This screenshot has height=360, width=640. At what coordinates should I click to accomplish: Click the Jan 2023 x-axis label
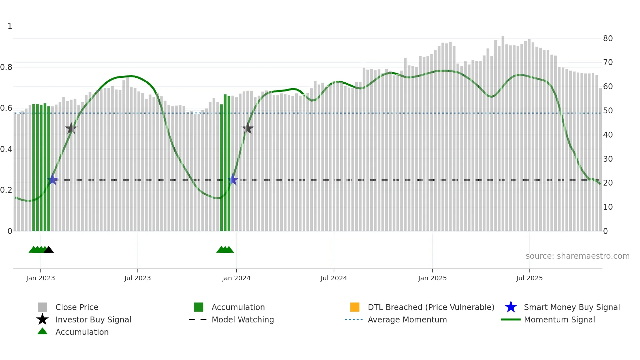coord(40,278)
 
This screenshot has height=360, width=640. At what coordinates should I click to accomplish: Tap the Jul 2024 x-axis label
coord(334,278)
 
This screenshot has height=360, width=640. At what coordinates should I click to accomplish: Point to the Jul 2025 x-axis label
coord(529,278)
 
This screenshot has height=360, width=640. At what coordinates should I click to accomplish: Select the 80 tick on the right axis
coord(608,39)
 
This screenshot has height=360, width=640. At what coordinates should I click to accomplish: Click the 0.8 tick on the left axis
coord(6,67)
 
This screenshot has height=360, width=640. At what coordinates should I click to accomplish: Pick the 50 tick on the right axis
coord(608,111)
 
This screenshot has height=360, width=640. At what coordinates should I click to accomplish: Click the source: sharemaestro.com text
coord(577,256)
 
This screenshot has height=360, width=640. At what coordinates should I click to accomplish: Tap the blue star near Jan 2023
coord(53,180)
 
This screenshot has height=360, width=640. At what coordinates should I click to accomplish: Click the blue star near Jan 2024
coord(233,180)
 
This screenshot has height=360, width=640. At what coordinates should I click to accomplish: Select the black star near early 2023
coord(71,128)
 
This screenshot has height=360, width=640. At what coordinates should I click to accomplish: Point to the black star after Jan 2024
coord(248,128)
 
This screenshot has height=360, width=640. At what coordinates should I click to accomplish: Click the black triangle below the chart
coord(49,250)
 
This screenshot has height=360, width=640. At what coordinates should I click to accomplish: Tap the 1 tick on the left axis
coord(10,26)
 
